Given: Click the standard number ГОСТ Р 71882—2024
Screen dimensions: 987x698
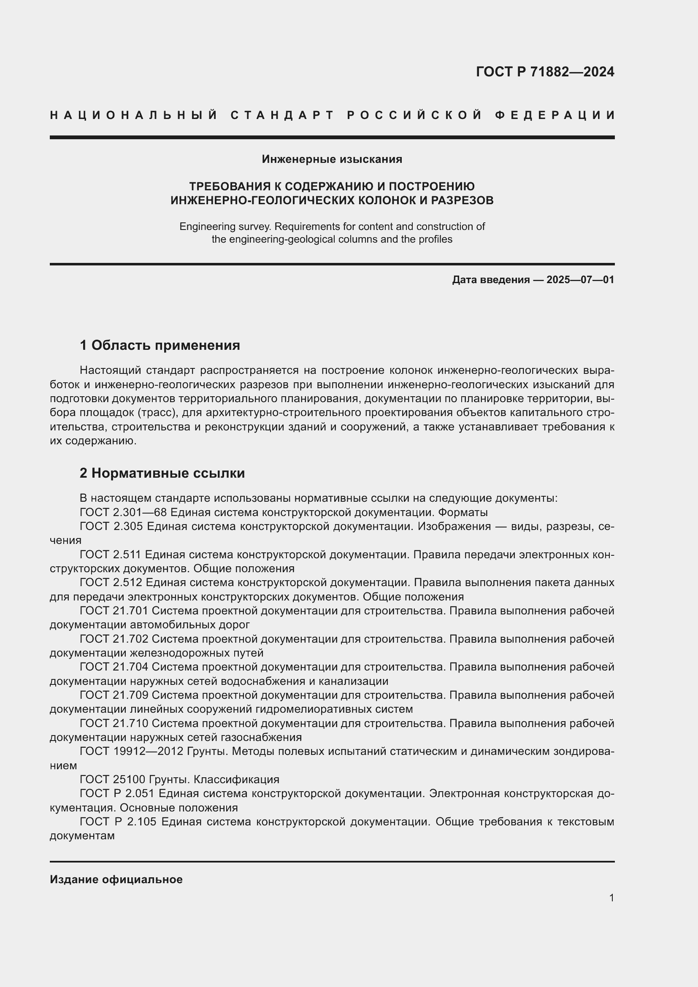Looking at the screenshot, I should click(x=544, y=72).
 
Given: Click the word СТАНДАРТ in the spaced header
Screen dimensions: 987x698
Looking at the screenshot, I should click(x=282, y=115).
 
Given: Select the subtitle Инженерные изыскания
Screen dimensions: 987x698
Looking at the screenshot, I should click(x=332, y=160).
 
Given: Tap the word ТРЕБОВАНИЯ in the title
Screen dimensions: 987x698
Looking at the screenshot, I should click(x=230, y=187).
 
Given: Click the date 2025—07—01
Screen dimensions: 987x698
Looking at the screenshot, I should click(x=580, y=280).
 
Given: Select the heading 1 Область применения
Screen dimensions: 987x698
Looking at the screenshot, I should click(x=160, y=345).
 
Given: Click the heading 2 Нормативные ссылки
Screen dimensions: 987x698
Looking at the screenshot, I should click(x=162, y=473).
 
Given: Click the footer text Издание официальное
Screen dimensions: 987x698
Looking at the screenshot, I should click(x=116, y=879).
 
